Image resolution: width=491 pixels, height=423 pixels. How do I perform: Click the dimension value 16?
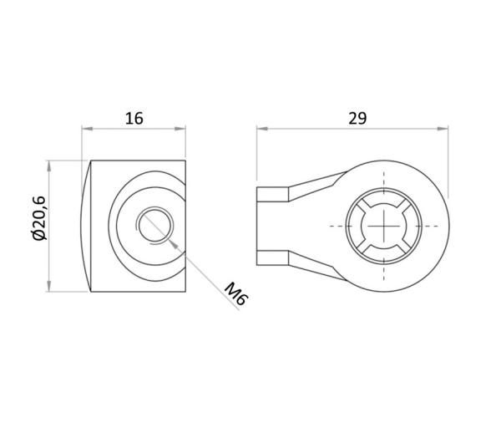click(134, 119)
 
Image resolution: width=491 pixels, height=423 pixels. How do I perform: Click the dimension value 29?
click(357, 119)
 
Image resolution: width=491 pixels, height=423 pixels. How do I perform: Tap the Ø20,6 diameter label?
click(39, 218)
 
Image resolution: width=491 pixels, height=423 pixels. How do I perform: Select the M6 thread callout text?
click(235, 293)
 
